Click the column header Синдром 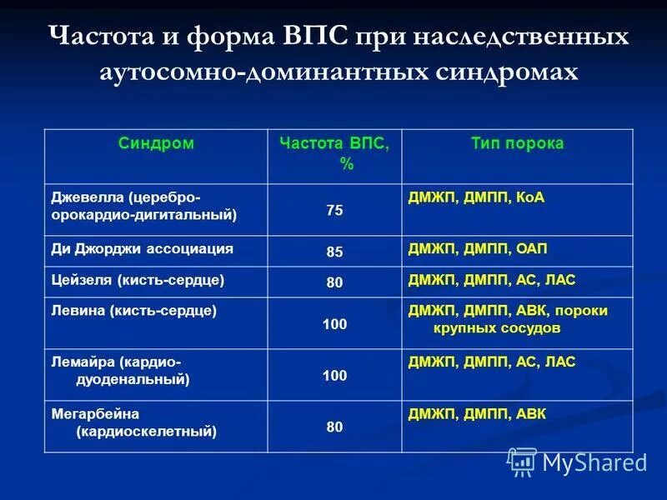click(156, 143)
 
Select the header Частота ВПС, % click(334, 153)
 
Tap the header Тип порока click(517, 143)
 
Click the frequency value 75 click(334, 210)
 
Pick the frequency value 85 click(334, 252)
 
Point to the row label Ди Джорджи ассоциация click(143, 249)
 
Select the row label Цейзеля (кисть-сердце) click(138, 280)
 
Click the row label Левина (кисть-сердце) click(134, 311)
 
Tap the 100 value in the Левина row click(334, 323)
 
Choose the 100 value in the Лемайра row click(334, 376)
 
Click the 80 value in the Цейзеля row click(334, 282)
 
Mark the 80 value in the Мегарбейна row click(334, 427)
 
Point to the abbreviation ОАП click(531, 249)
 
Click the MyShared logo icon click(522, 461)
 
